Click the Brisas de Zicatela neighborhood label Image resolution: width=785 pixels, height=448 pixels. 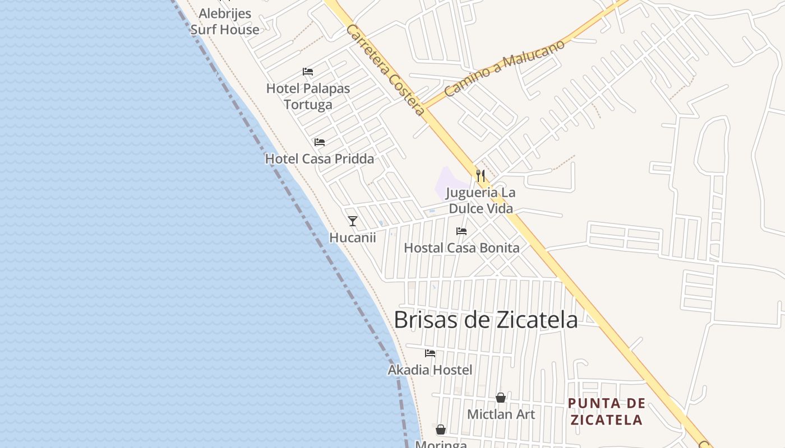coord(486,320)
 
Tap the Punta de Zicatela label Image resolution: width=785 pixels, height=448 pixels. coord(606,412)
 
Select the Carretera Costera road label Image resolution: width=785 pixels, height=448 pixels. coord(385,69)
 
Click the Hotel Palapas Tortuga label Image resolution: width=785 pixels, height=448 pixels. coord(308,96)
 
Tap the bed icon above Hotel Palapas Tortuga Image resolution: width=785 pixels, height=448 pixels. coord(307,72)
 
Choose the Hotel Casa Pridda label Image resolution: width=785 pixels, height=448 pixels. coord(319,158)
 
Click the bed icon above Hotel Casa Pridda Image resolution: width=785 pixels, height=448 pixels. coord(320,142)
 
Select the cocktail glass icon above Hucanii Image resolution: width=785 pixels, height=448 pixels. coord(353,221)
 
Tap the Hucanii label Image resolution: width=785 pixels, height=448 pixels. coord(353,237)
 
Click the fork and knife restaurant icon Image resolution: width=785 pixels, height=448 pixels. coord(481,176)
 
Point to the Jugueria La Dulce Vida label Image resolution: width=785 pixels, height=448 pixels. coord(481,200)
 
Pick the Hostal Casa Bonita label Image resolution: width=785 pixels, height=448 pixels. coord(461,248)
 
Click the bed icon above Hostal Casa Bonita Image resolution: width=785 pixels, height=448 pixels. coord(461,231)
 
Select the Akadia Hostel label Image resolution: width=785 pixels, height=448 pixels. coord(430,370)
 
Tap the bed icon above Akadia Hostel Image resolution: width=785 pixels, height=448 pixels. coord(430,353)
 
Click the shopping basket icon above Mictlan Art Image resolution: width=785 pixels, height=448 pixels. coord(501,398)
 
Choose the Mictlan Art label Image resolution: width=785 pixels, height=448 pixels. coord(501,414)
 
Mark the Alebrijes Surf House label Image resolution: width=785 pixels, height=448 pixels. coord(225,21)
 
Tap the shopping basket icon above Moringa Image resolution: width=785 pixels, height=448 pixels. coord(441,430)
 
